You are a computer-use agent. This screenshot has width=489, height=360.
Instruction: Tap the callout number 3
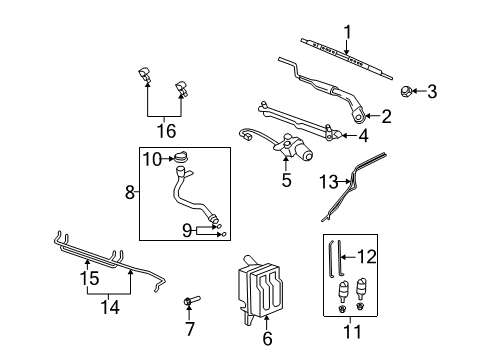tap(432, 92)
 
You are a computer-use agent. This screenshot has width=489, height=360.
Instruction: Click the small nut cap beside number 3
tap(406, 92)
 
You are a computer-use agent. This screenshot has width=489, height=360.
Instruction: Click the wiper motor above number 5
tap(300, 150)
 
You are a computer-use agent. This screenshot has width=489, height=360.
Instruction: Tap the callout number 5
tap(287, 182)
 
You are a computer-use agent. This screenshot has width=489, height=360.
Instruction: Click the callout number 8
tap(129, 191)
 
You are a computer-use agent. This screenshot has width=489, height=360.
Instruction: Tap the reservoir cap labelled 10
tap(181, 157)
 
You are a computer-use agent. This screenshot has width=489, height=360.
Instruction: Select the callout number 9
tap(186, 230)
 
